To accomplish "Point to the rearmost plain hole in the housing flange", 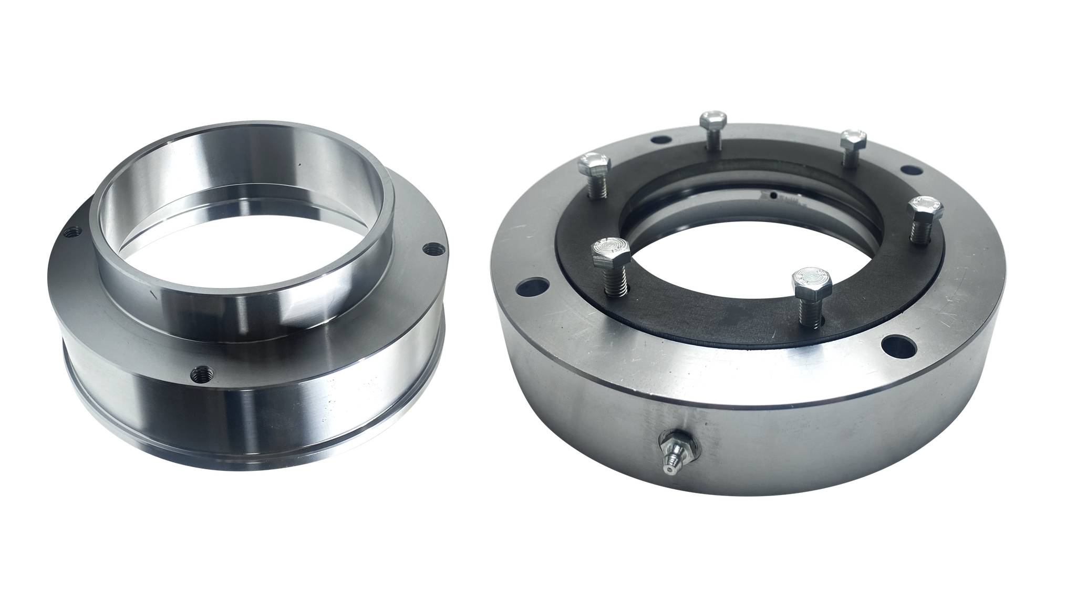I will pyautogui.click(x=658, y=140).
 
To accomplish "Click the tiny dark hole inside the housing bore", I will pyautogui.click(x=773, y=196).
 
